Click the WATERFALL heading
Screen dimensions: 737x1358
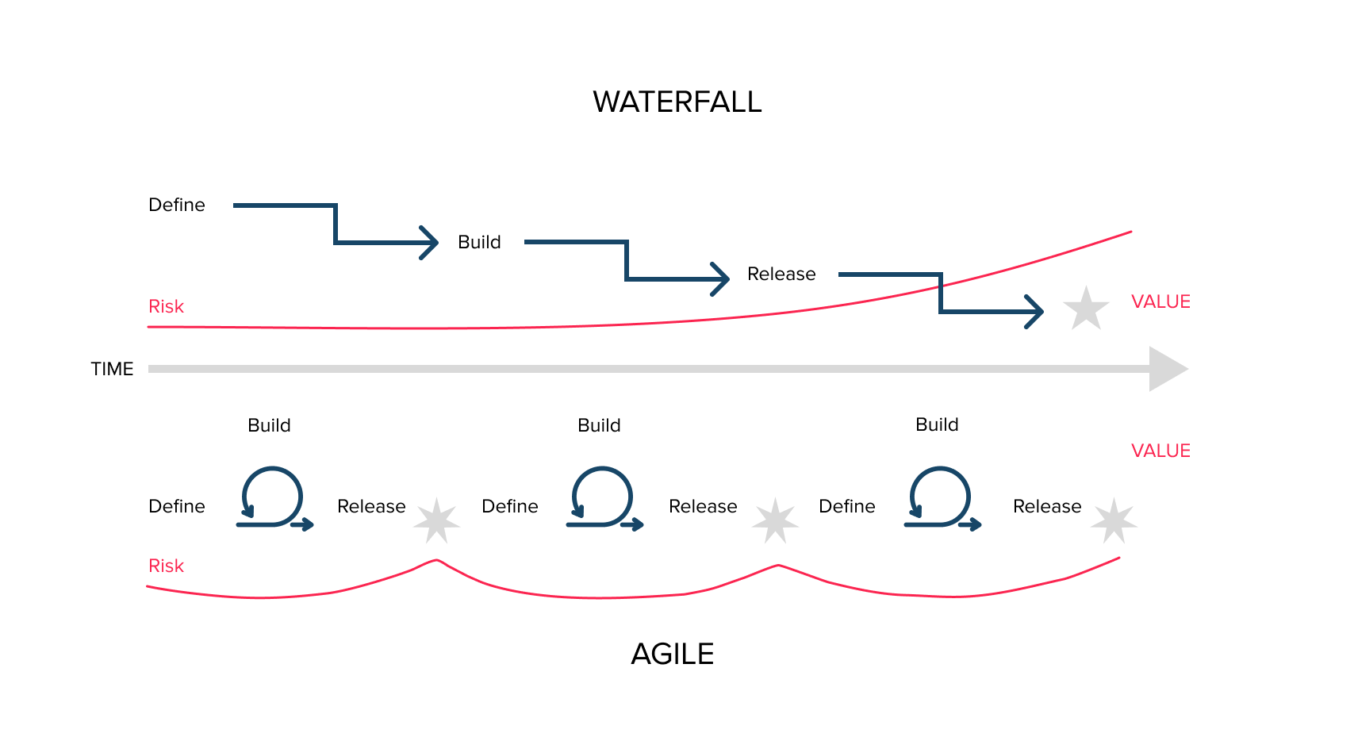point(677,102)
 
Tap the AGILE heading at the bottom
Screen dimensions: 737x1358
point(672,654)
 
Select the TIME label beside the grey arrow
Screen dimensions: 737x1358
point(112,369)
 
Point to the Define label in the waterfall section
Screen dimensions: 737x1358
point(176,205)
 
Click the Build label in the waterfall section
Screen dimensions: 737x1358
point(479,242)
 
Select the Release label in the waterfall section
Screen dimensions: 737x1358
point(781,274)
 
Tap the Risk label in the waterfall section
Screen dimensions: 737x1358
point(166,306)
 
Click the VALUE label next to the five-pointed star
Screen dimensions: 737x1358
point(1160,301)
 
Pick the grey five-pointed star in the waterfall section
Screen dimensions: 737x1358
point(1085,309)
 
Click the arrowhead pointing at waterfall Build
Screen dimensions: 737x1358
point(431,243)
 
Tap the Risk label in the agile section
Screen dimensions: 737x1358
point(166,566)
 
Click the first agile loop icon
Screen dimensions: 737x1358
point(273,497)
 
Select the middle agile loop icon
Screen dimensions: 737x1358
point(603,497)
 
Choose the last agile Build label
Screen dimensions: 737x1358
point(937,424)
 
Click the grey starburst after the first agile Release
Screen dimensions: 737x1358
point(436,520)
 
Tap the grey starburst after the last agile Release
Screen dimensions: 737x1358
point(1114,520)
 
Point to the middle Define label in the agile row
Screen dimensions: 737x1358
point(509,506)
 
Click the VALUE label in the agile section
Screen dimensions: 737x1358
point(1160,451)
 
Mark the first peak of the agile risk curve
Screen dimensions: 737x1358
point(436,560)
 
